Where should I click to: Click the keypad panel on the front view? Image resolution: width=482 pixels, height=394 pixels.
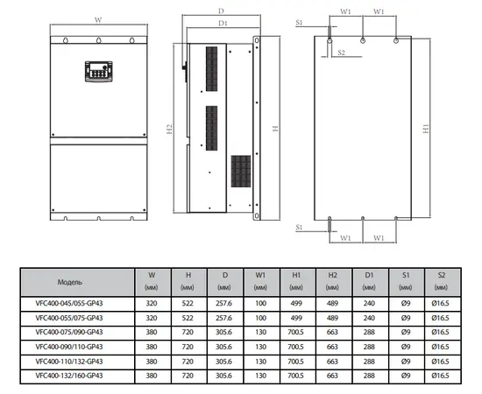[x=98, y=71]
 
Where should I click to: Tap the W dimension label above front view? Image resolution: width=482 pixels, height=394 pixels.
[x=98, y=20]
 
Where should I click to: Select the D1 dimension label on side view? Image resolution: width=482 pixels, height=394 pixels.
[x=223, y=23]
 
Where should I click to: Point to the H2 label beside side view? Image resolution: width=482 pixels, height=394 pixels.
[x=169, y=129]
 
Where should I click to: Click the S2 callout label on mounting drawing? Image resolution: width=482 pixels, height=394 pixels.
[x=341, y=53]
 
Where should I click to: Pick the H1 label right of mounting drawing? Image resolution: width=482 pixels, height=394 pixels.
[x=426, y=129]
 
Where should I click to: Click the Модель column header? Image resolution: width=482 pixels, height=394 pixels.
[x=70, y=282]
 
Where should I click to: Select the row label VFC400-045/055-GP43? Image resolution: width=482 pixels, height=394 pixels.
[x=69, y=304]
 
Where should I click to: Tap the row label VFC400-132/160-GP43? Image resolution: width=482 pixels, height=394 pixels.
[x=69, y=376]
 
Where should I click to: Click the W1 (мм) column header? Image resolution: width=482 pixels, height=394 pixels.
[x=260, y=281]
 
